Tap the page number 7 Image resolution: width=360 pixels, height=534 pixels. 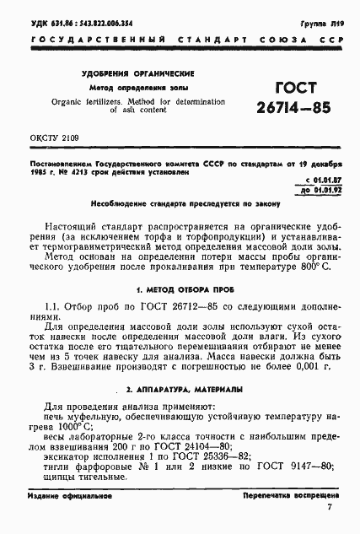[328, 522]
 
